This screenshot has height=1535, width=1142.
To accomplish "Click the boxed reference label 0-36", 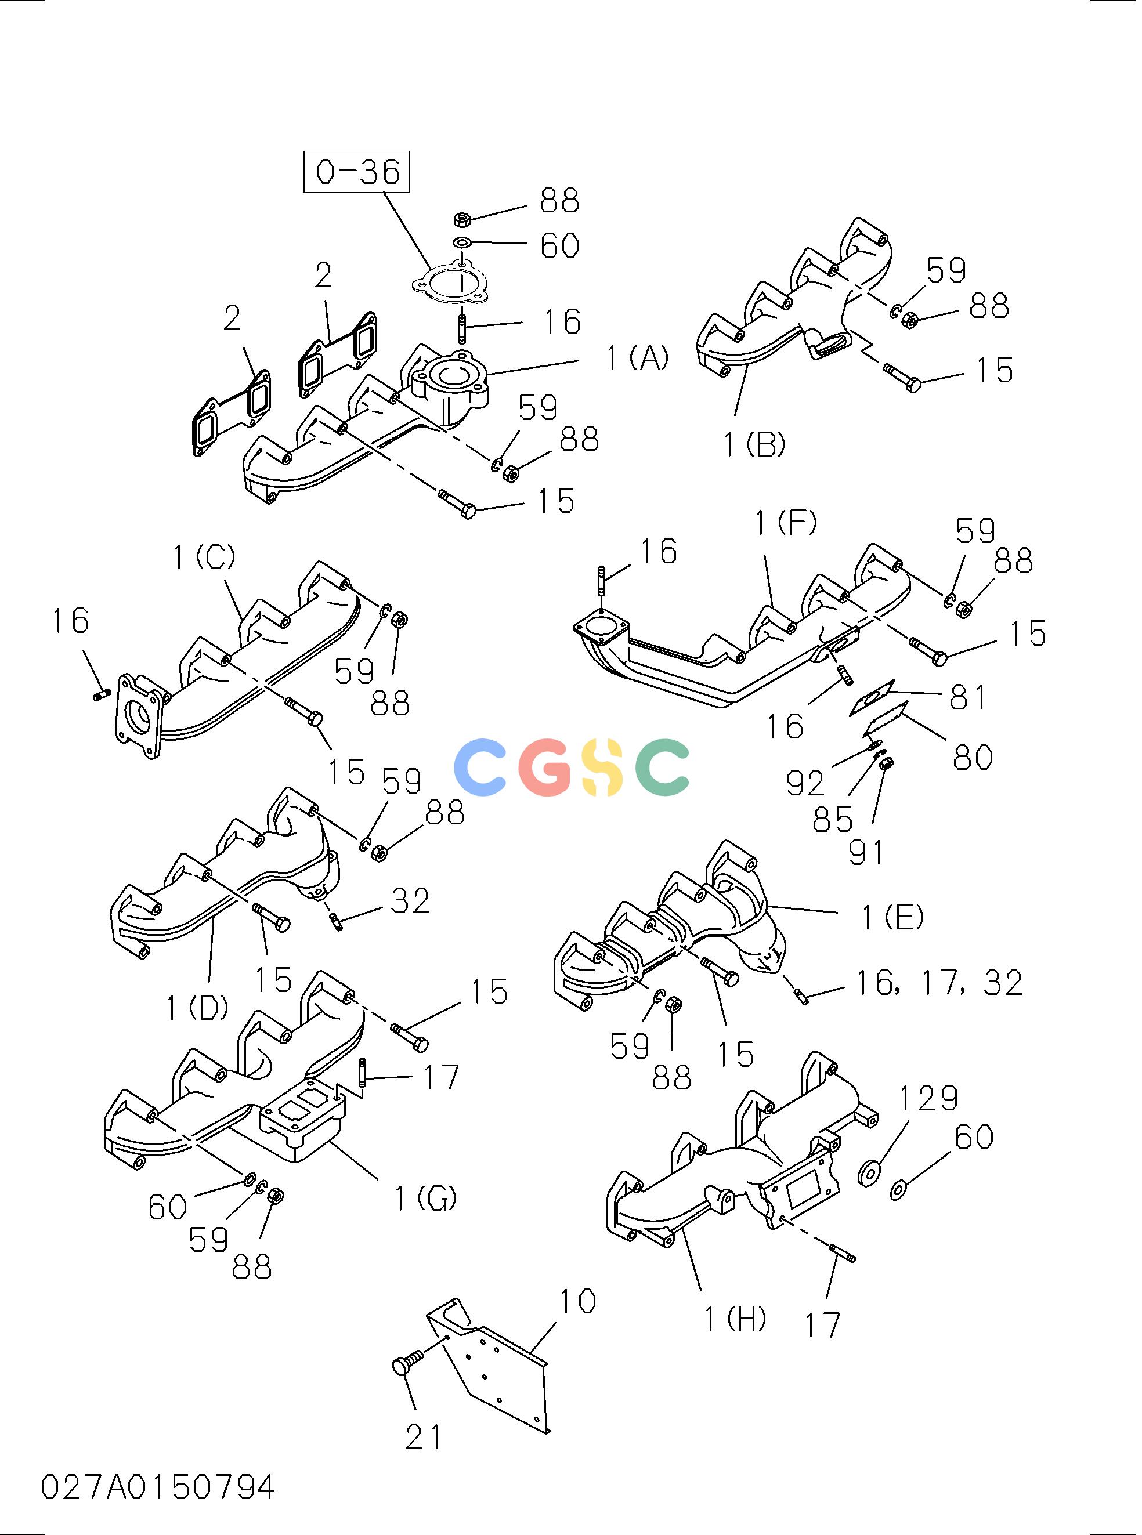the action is click(357, 171).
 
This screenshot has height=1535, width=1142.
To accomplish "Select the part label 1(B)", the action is click(754, 444).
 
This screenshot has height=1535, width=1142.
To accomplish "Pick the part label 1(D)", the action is click(197, 1008).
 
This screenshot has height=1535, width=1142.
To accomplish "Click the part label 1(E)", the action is click(892, 917).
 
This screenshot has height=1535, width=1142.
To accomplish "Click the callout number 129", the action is click(929, 1098).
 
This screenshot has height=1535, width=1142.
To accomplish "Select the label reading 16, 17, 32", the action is click(939, 983).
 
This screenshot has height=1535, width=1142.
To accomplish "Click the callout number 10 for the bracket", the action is click(577, 1301).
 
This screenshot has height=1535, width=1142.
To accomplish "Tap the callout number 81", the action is click(968, 697).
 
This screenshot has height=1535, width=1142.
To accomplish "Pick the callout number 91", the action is click(866, 852).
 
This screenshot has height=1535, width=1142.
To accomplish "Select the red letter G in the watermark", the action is click(546, 767).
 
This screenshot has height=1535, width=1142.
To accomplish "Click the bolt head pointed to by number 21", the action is click(402, 1366).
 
